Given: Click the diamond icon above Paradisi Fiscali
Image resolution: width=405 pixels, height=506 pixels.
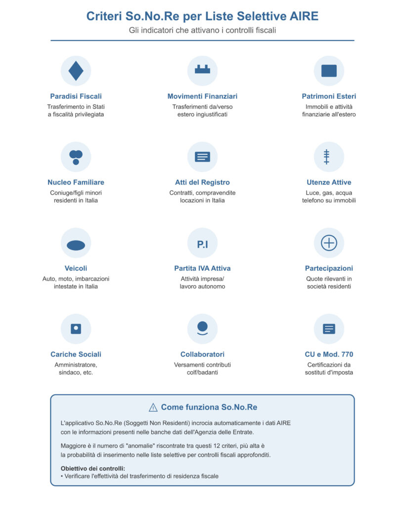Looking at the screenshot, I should pos(76,71).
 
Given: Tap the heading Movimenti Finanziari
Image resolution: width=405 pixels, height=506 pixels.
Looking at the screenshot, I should pos(202,96).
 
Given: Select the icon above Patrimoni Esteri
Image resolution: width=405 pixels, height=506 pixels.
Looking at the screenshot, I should pos(329,71).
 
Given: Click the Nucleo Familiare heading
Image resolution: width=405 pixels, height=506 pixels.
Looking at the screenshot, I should pos(76,182).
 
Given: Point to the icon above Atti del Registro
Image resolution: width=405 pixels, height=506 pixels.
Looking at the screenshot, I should pos(202,157).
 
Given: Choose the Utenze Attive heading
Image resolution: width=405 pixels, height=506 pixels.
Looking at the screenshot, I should pos(329,182).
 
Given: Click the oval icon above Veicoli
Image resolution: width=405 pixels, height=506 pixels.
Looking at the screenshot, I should pos(76,245).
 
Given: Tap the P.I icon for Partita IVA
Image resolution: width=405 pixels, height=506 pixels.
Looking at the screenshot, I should pos(202,243).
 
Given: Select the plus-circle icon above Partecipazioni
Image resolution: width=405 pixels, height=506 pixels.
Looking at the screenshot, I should pos(329,243).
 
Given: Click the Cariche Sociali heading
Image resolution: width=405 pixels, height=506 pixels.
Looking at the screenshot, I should pos(76,354).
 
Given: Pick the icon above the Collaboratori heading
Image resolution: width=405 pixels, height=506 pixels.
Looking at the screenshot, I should pos(202,329).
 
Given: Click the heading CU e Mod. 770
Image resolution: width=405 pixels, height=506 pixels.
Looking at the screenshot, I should pos(329,354).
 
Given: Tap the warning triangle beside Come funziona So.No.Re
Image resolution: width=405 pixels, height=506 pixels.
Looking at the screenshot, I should pos(153,408).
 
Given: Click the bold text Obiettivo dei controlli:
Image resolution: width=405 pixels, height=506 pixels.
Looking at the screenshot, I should pos(93,468).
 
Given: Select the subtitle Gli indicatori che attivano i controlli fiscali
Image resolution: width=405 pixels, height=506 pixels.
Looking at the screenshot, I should pos(202,30).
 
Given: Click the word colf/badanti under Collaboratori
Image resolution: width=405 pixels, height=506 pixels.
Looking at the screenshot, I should pos(202,372).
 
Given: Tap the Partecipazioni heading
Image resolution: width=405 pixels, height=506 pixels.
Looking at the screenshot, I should pos(329,268).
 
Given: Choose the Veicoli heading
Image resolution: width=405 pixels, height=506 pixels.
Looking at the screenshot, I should pos(76,268).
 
